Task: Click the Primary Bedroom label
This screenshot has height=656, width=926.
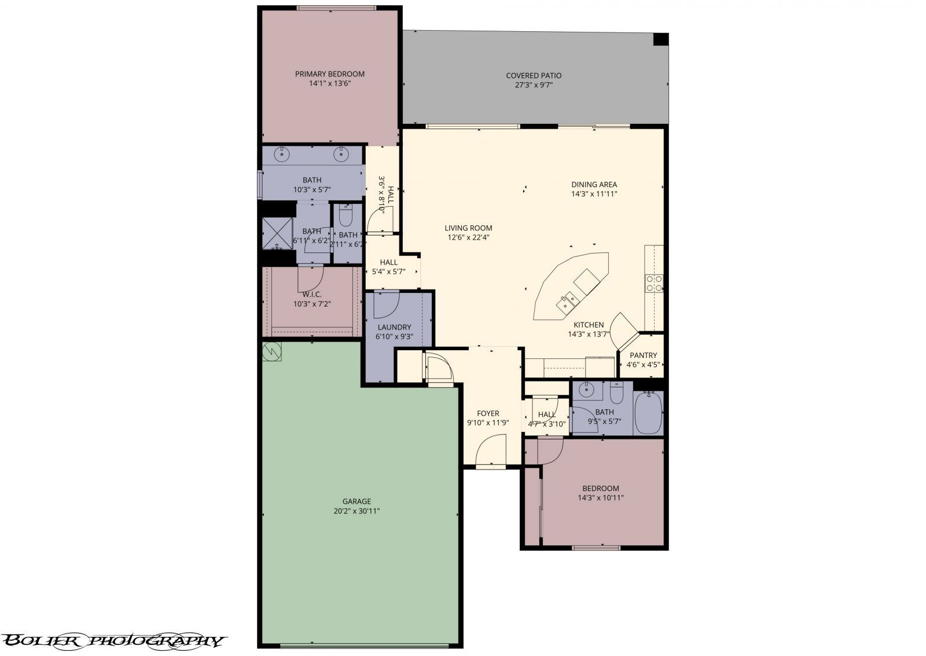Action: [330, 74]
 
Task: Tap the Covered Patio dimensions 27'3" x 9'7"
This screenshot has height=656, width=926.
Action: [534, 85]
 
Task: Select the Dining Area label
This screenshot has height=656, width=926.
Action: [594, 185]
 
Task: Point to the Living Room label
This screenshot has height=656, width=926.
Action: [468, 228]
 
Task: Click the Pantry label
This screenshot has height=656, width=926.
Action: [643, 356]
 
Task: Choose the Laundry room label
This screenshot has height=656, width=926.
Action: [394, 327]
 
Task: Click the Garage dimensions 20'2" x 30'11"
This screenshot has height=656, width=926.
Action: [357, 511]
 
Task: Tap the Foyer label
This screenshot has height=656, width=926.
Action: [488, 413]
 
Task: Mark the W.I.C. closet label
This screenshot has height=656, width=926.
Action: [312, 294]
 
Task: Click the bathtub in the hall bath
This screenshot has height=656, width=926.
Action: [648, 413]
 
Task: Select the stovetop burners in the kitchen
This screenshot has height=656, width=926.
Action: [654, 283]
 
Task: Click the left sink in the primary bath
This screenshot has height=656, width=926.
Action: [283, 154]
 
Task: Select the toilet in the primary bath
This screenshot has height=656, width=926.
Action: [346, 216]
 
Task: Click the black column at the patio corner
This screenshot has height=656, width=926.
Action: [660, 39]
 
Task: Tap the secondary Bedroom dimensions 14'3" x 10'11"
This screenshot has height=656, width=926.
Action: [601, 498]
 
